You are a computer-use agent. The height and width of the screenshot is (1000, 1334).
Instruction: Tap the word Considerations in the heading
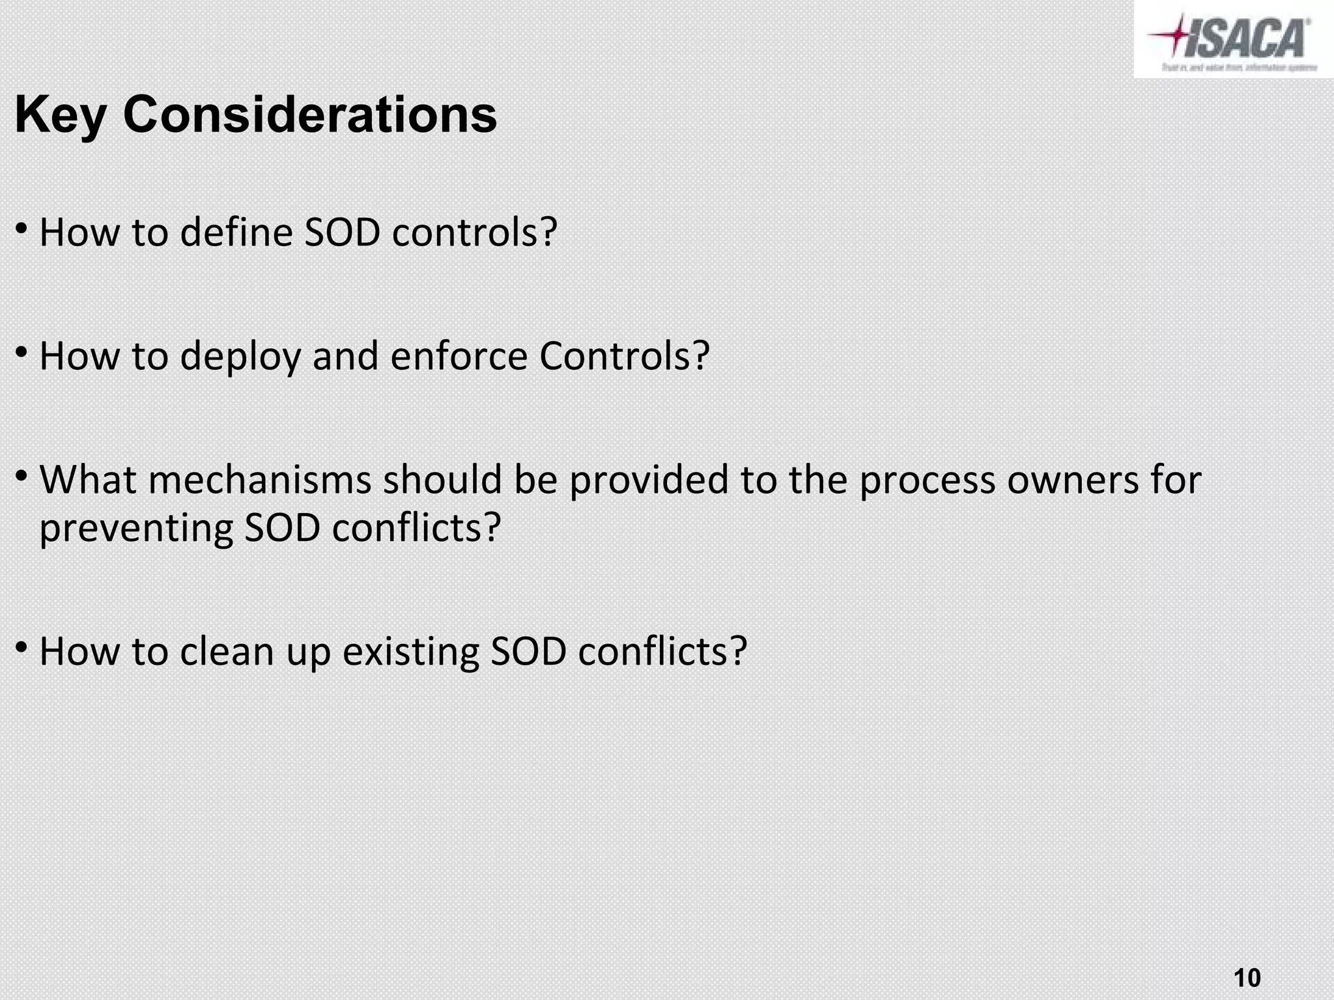310,115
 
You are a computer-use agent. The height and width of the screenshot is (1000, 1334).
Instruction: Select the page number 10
1247,960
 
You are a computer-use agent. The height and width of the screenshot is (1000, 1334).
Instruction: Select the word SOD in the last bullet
528,651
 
